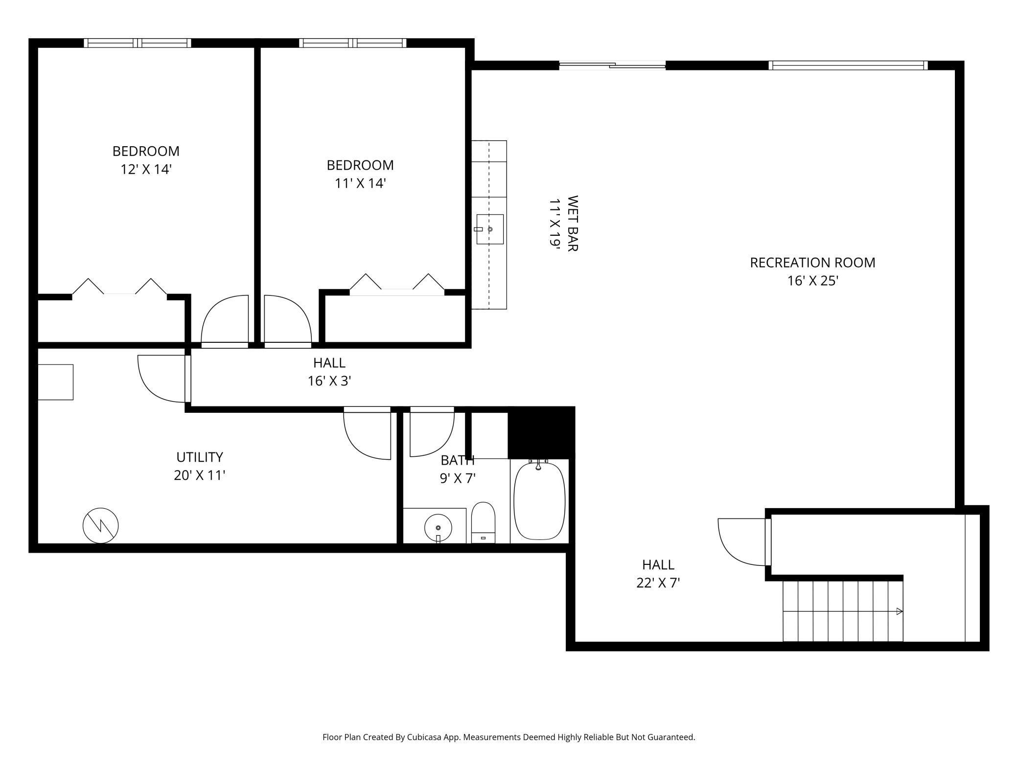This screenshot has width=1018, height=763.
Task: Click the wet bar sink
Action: pyautogui.click(x=490, y=229)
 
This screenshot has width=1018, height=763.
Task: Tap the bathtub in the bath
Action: pyautogui.click(x=539, y=501)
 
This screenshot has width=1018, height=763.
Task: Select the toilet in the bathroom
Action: pyautogui.click(x=483, y=522)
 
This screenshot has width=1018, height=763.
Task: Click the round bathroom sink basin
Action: pyautogui.click(x=438, y=528)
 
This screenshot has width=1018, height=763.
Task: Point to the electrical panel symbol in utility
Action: pyautogui.click(x=100, y=525)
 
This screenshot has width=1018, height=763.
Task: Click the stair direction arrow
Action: pyautogui.click(x=900, y=611)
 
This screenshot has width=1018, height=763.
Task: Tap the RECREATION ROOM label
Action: pyautogui.click(x=812, y=263)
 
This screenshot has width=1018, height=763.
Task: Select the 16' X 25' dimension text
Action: pyautogui.click(x=812, y=281)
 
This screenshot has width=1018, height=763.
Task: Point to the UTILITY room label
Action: pyautogui.click(x=200, y=457)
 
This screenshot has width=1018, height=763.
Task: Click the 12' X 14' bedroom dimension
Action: pyautogui.click(x=146, y=169)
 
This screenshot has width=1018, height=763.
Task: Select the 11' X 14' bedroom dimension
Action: pyautogui.click(x=360, y=183)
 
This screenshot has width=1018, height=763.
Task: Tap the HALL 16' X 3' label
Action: pyautogui.click(x=329, y=372)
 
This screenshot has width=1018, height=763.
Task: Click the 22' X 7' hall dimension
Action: pyautogui.click(x=658, y=583)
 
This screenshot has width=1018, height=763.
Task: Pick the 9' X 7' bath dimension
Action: pyautogui.click(x=458, y=478)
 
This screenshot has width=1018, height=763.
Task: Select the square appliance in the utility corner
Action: pyautogui.click(x=56, y=382)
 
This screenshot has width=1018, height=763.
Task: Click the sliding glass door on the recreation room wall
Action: pyautogui.click(x=612, y=65)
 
